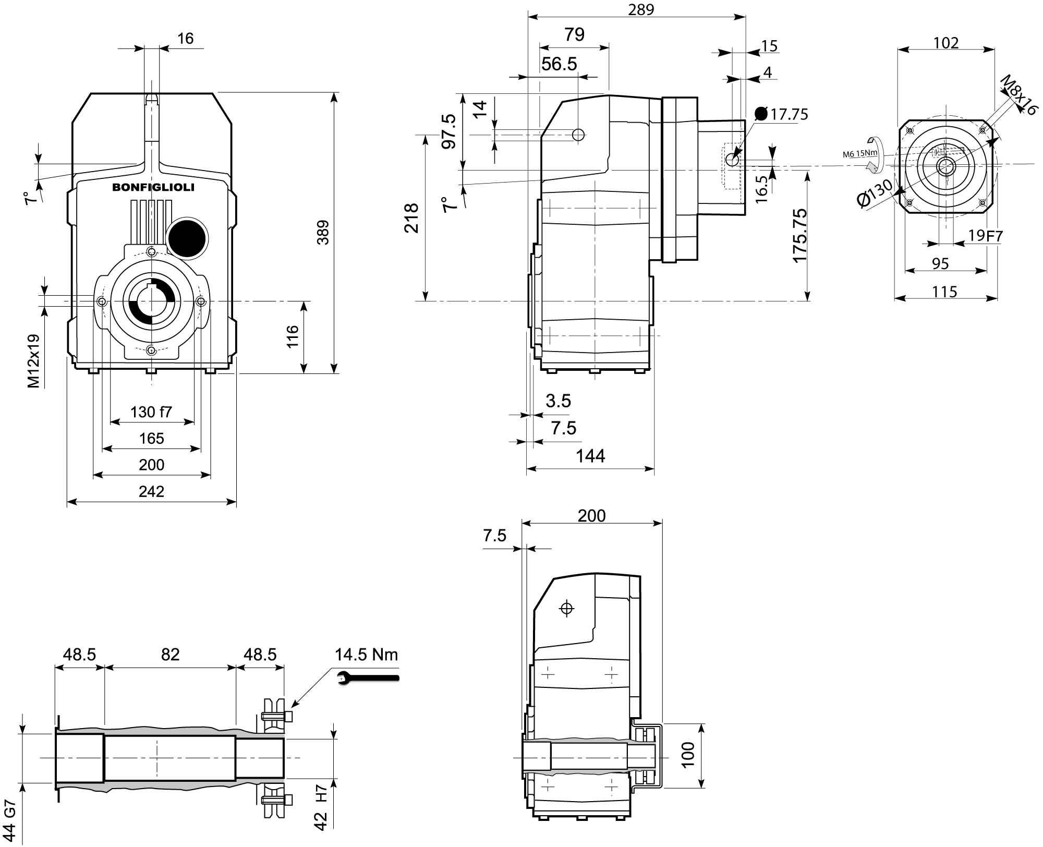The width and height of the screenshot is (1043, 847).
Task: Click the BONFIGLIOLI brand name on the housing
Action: tap(153, 188)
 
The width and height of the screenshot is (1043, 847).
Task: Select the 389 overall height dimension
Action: tap(323, 233)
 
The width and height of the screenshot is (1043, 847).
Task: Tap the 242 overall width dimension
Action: tap(152, 491)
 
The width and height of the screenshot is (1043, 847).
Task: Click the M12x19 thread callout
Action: tap(33, 361)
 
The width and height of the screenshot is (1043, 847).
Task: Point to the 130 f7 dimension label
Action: tap(151, 412)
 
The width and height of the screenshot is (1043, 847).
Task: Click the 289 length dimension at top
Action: tap(641, 9)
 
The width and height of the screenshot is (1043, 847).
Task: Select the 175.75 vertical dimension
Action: tap(799, 236)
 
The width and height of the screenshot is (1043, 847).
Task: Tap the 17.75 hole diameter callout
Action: tap(789, 114)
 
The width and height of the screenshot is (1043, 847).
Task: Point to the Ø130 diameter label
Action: tap(875, 193)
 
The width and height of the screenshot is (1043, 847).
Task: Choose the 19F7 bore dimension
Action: tap(985, 236)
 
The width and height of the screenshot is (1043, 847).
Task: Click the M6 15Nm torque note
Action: tap(860, 154)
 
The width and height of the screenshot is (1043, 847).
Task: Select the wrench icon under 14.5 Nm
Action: tap(368, 677)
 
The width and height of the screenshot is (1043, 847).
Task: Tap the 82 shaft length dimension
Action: tap(170, 654)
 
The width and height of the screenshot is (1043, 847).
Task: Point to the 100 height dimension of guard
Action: tap(688, 755)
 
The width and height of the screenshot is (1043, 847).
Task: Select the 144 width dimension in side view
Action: tap(590, 456)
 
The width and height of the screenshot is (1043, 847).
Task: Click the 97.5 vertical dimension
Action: tap(449, 131)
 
